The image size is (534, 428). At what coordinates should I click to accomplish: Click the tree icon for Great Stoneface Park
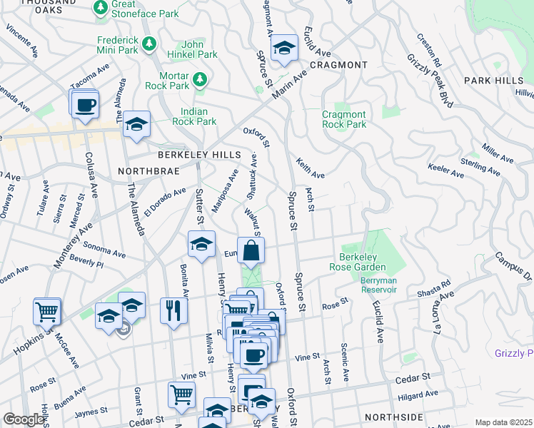pos(101,8)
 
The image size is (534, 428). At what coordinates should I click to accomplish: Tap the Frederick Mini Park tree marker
pos(149,45)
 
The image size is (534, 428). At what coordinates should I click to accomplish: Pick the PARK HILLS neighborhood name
pos(493,81)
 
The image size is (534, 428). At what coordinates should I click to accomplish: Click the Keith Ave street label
pos(311,168)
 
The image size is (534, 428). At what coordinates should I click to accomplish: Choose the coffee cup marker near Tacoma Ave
pos(85,104)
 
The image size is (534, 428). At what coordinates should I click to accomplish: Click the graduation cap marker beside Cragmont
pos(284,48)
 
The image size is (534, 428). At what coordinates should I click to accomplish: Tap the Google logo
pos(24,419)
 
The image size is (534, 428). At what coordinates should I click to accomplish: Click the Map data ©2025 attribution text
pos(503,422)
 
